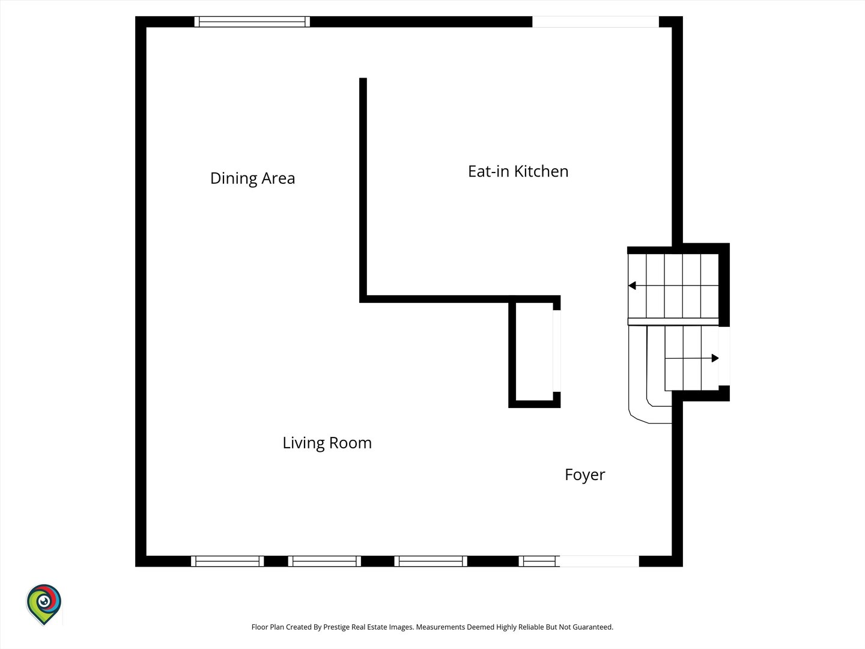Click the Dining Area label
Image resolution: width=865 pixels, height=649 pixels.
tap(253, 178)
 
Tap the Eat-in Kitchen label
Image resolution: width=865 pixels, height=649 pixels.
tap(518, 171)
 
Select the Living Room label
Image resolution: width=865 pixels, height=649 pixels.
tap(327, 443)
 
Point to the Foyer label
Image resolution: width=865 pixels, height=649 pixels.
tap(585, 475)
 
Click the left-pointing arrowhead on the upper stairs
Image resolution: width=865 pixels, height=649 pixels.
tap(632, 285)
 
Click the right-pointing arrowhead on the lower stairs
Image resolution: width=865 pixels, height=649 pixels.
tap(715, 358)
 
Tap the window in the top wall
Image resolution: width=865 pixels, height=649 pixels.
tap(252, 22)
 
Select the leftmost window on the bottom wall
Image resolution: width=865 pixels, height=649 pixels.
tap(228, 561)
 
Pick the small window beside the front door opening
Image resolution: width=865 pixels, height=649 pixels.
tap(539, 561)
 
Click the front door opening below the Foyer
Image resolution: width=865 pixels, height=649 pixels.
tap(599, 561)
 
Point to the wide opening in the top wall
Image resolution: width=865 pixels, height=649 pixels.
tap(595, 22)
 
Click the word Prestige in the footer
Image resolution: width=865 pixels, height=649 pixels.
tap(336, 627)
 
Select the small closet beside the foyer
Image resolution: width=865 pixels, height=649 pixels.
tap(535, 352)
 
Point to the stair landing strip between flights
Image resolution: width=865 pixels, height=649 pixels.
tap(673, 321)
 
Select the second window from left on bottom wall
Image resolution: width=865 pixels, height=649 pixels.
tap(324, 561)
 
